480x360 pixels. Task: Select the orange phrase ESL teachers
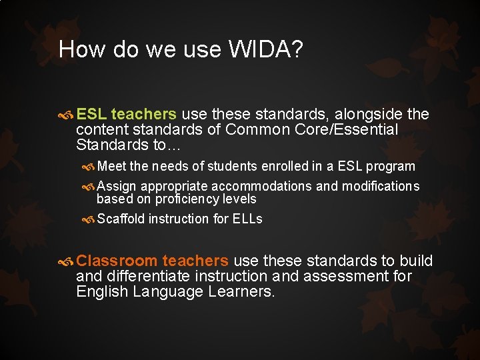[x=127, y=114]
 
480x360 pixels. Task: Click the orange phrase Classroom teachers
[x=153, y=261]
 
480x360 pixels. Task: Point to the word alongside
[x=369, y=114]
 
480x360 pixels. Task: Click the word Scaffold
[x=121, y=219]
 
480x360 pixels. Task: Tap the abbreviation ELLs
[x=247, y=219]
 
